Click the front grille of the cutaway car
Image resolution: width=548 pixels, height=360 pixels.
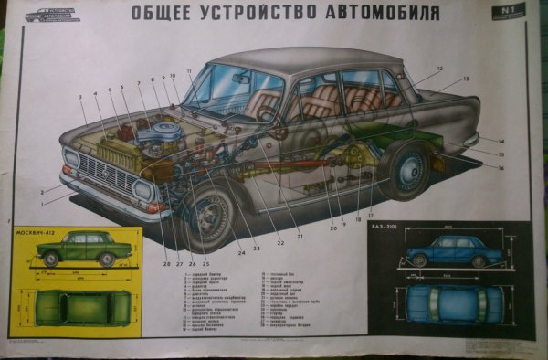101,171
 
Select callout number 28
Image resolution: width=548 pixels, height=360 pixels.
167,265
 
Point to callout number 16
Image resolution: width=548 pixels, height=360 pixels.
501,168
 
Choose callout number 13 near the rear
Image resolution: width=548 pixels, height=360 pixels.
465,80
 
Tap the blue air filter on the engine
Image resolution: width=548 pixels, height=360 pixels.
163,135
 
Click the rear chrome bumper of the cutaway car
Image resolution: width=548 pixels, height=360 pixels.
471,140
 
